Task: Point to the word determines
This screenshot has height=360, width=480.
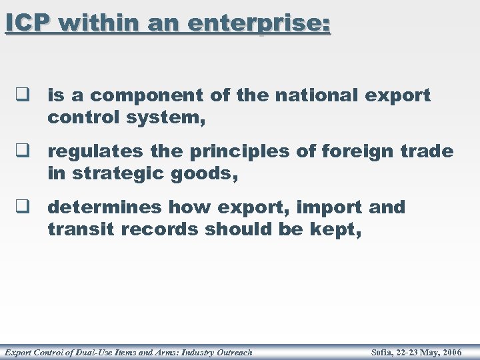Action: coord(105,208)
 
